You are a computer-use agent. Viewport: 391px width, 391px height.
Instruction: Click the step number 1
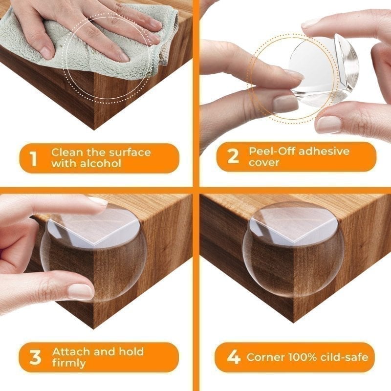[33, 158]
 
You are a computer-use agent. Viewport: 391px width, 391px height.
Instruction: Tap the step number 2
[234, 156]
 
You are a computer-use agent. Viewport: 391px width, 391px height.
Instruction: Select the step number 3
[35, 357]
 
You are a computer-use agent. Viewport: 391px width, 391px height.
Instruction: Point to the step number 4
[234, 357]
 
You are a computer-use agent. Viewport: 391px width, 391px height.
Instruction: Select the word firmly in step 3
[69, 363]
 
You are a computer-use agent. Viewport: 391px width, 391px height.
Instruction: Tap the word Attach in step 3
[71, 351]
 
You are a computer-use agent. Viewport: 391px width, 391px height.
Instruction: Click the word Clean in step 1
[67, 152]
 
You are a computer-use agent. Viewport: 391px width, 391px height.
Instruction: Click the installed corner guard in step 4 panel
[293, 249]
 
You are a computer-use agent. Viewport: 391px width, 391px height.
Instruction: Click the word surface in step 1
[130, 152]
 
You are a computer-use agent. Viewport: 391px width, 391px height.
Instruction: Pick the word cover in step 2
[264, 162]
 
